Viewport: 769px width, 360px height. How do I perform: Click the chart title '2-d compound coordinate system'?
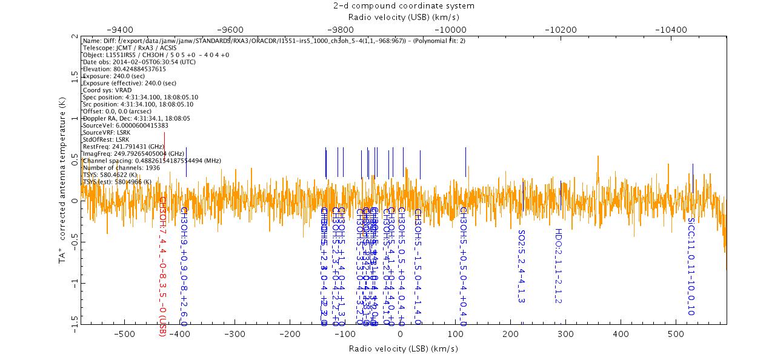pyautogui.click(x=403, y=5)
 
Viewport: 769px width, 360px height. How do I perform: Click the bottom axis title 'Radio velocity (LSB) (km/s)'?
pyautogui.click(x=403, y=348)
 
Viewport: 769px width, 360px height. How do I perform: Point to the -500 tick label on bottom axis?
pyautogui.click(x=124, y=333)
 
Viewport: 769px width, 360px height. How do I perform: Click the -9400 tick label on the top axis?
pyautogui.click(x=119, y=29)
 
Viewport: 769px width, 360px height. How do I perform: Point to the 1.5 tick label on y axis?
pyautogui.click(x=73, y=77)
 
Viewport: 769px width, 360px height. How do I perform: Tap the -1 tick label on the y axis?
pyautogui.click(x=73, y=282)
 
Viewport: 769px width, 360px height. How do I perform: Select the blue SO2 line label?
pyautogui.click(x=521, y=265)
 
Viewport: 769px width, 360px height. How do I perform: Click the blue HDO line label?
pyautogui.click(x=559, y=265)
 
